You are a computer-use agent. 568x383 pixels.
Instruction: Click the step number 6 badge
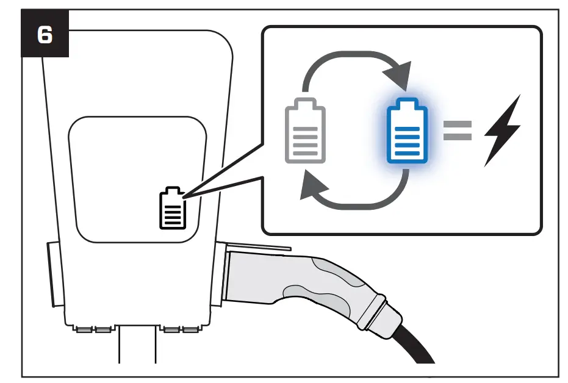pos(45,35)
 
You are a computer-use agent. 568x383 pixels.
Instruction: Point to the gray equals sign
pos(457,129)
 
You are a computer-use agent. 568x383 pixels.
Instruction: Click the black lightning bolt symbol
pos(502,130)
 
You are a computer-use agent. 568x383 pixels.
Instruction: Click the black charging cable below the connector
pos(415,345)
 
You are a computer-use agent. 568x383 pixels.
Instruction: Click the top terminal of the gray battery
pos(306,102)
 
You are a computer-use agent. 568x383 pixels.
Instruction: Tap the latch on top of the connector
pos(259,246)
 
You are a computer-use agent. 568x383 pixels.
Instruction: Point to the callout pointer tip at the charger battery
pos(182,196)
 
